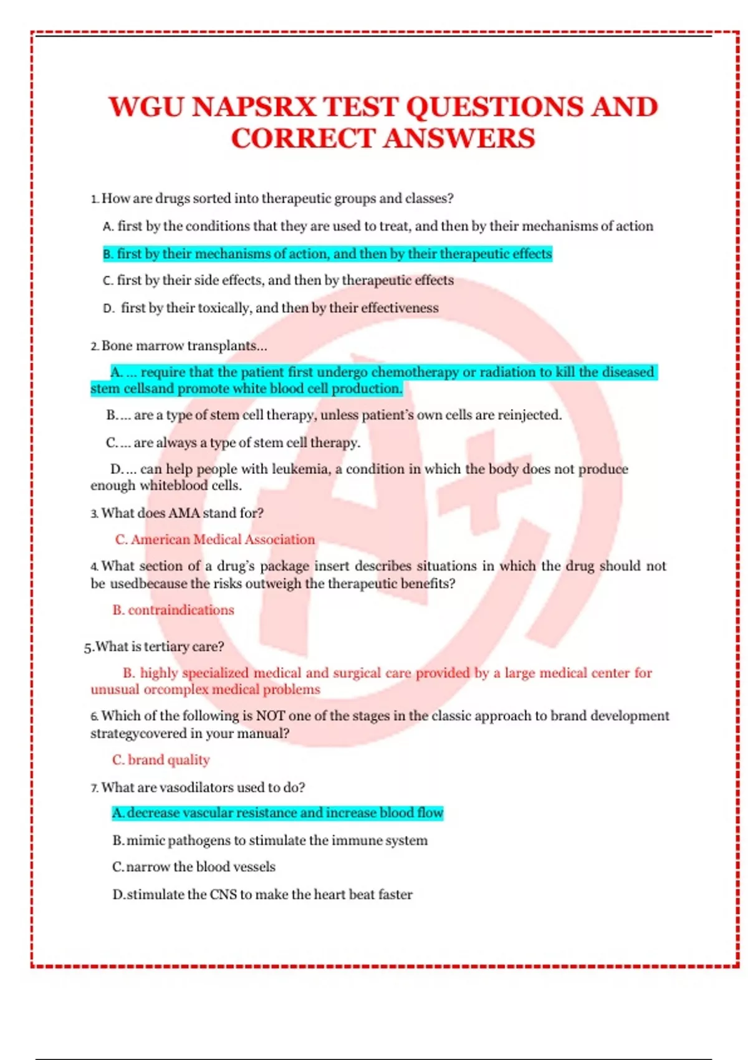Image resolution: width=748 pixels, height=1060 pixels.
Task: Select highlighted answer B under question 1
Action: point(327,254)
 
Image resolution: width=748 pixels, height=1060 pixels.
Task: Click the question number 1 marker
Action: point(94,199)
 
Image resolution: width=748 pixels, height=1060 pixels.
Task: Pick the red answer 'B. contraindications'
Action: point(173,610)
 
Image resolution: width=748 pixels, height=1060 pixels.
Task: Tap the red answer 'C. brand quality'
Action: point(161,760)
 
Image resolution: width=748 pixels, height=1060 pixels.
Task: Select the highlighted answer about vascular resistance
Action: point(277,813)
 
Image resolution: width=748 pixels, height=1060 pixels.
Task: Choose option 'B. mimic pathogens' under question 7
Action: point(270,841)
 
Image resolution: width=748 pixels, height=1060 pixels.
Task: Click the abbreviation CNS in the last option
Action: point(223,895)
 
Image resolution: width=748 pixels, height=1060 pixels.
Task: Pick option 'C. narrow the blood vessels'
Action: point(194,867)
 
